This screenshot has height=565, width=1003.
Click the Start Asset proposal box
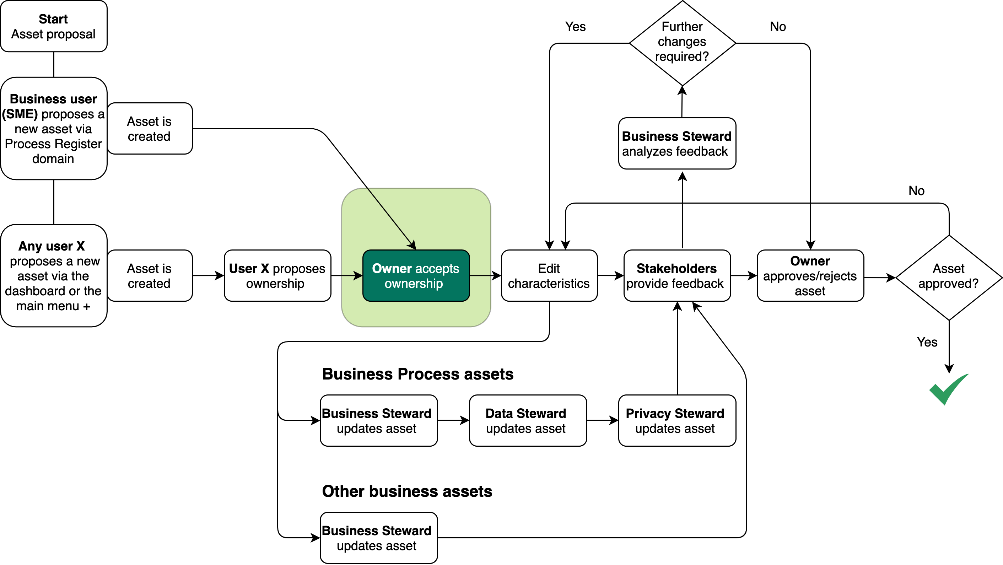click(x=54, y=26)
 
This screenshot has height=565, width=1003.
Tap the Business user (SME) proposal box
click(x=54, y=129)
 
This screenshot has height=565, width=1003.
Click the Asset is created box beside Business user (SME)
click(x=150, y=129)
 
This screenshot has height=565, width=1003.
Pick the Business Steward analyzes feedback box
click(x=677, y=143)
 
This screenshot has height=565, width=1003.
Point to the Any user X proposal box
click(x=54, y=276)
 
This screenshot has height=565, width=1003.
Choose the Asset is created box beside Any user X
click(x=150, y=276)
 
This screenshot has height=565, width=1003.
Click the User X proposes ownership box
click(x=277, y=276)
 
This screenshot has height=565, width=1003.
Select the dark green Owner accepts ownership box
click(x=416, y=276)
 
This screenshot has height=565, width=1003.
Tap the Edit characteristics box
click(x=549, y=276)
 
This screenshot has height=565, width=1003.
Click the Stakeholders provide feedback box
click(x=677, y=276)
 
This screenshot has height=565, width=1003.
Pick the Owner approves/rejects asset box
click(x=810, y=276)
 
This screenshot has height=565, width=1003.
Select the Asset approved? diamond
click(x=949, y=277)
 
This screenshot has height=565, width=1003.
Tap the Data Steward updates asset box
click(x=528, y=420)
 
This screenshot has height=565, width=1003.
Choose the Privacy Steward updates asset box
click(x=677, y=420)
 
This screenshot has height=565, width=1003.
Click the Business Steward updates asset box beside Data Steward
click(x=378, y=420)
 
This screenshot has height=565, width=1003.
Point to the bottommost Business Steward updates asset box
click(x=378, y=538)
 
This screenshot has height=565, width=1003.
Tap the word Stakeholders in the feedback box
click(x=676, y=268)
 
